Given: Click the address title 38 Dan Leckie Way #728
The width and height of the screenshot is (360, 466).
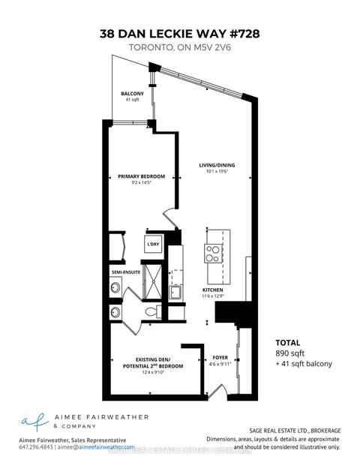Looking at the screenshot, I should [180, 33].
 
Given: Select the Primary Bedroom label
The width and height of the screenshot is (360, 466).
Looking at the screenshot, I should [141, 176].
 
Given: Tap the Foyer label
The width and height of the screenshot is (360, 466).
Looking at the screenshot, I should [220, 358].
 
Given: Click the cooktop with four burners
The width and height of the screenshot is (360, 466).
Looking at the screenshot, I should [212, 252].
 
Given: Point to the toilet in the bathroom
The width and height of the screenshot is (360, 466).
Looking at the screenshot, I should [149, 311].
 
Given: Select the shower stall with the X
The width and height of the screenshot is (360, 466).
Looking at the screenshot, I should [154, 279].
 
